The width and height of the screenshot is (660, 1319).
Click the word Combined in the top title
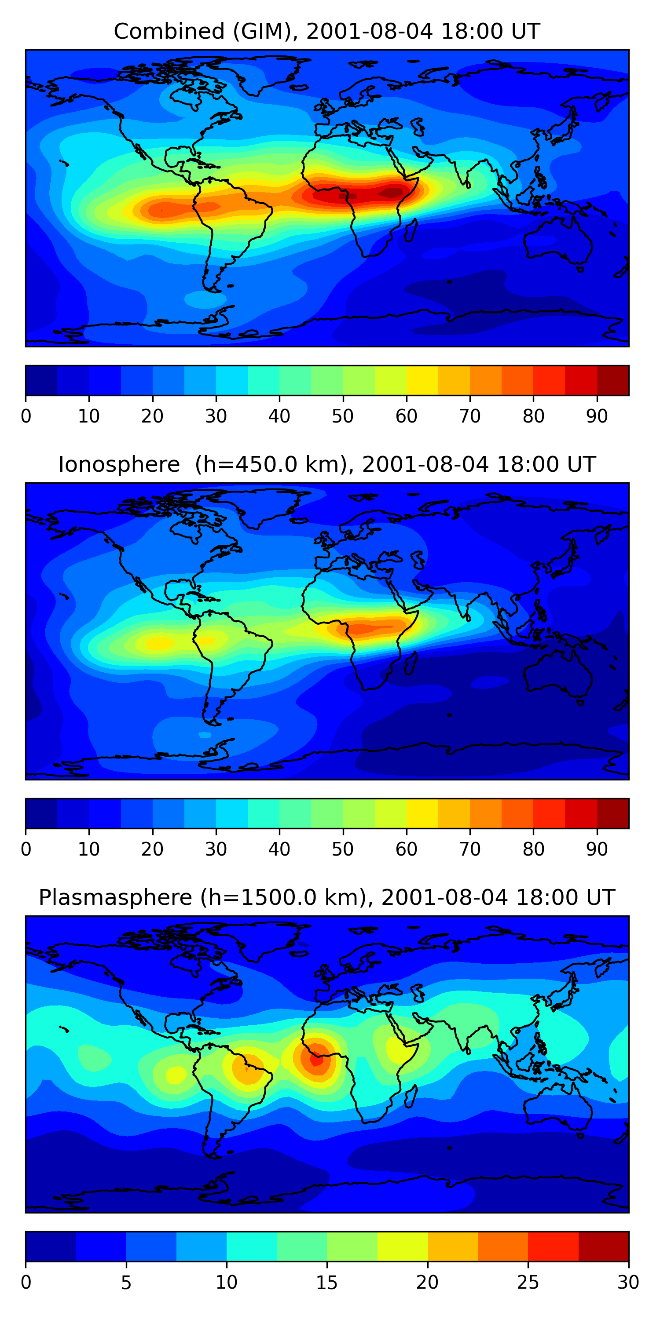pyautogui.click(x=169, y=32)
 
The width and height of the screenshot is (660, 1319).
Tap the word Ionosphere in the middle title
pyautogui.click(x=119, y=464)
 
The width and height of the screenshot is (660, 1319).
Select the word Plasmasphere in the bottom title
pyautogui.click(x=115, y=898)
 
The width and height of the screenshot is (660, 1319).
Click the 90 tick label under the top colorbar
pyautogui.click(x=597, y=416)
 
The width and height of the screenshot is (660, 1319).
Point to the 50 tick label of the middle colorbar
pyautogui.click(x=343, y=849)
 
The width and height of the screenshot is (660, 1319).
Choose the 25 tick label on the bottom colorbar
pyautogui.click(x=528, y=1282)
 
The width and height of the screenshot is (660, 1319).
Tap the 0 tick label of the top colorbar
pyautogui.click(x=26, y=416)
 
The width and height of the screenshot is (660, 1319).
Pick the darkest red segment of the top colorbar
pyautogui.click(x=613, y=380)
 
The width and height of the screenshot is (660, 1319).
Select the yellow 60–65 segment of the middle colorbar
pyautogui.click(x=422, y=813)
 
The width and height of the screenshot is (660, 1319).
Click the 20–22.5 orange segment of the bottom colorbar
pyautogui.click(x=452, y=1246)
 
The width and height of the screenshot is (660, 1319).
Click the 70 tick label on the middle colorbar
pyautogui.click(x=470, y=849)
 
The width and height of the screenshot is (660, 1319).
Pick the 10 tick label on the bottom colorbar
pyautogui.click(x=227, y=1282)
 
